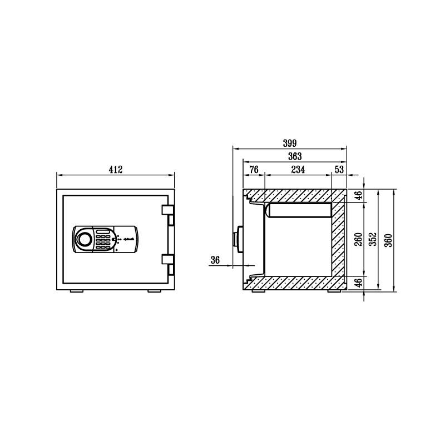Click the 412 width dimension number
pyautogui.click(x=115, y=169)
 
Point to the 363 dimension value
pyautogui.click(x=294, y=156)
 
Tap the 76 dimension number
pyautogui.click(x=254, y=170)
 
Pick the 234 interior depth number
pyautogui.click(x=298, y=170)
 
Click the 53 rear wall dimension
pyautogui.click(x=339, y=170)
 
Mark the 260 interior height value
pyautogui.click(x=358, y=239)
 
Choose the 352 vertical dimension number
pyautogui.click(x=374, y=239)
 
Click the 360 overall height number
pyautogui.click(x=389, y=239)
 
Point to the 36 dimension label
pyautogui.click(x=216, y=260)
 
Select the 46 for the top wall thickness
pyautogui.click(x=359, y=195)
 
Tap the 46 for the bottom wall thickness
pyautogui.click(x=359, y=283)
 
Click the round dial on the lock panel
pyautogui.click(x=83, y=239)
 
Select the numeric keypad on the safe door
pyautogui.click(x=103, y=240)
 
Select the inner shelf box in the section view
pyautogui.click(x=299, y=210)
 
